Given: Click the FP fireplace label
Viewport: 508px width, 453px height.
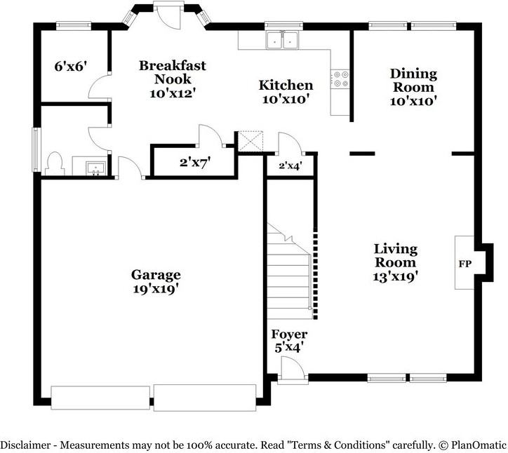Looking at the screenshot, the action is [x=465, y=264].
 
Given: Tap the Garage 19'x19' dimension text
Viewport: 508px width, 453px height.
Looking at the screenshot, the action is [x=156, y=289].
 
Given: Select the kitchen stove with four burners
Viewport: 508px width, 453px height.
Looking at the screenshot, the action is [x=340, y=79].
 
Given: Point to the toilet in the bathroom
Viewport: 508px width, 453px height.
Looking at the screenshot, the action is [x=55, y=164].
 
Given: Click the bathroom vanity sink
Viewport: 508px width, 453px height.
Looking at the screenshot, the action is [x=95, y=168].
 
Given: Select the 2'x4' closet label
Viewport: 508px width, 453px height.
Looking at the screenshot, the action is [x=290, y=165].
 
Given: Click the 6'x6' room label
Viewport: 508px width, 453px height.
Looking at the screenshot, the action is [x=71, y=67].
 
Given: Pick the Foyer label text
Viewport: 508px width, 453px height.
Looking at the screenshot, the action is [x=289, y=334].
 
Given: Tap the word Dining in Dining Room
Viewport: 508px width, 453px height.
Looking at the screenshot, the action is [x=413, y=74].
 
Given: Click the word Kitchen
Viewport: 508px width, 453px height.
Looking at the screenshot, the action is [x=286, y=85].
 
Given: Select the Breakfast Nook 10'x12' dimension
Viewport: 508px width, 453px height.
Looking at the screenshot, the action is [x=173, y=93].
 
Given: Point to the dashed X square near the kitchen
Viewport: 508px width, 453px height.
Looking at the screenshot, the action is [x=250, y=141].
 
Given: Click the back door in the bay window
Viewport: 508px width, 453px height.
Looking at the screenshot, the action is [x=166, y=16].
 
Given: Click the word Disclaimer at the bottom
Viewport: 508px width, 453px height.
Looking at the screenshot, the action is [x=25, y=445].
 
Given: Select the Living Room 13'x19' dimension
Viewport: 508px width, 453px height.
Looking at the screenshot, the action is [x=395, y=277].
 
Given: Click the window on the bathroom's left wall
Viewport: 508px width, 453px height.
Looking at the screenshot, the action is [x=36, y=149].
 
